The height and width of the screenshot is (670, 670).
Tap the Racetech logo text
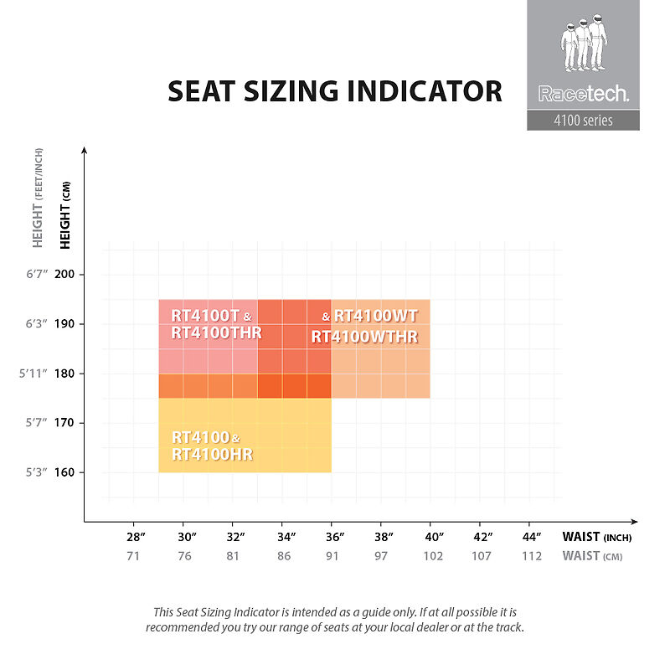pos(583,94)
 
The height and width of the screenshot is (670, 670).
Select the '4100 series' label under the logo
pos(583,121)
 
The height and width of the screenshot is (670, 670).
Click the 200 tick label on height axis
pos(64,274)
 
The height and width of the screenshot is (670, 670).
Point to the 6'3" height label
pos(37,323)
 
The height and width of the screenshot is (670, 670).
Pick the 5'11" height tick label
pos(33,374)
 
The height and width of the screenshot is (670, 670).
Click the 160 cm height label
pos(64,472)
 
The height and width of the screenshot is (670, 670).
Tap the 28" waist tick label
pos(136,537)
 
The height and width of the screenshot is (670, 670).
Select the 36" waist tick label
pos(335,537)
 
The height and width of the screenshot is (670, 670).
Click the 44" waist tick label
pos(532,537)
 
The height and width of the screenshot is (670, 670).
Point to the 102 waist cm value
pos(433,556)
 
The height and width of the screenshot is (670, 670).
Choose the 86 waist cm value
pos(284,556)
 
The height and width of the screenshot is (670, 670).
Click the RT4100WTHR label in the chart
pos(364,337)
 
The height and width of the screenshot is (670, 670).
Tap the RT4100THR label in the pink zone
pos(216,332)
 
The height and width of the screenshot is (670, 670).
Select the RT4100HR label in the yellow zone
pos(213,454)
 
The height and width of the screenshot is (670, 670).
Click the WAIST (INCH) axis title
pos(597,537)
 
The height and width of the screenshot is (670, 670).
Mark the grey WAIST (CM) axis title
pos(592,556)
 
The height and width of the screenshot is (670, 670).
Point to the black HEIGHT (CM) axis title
pos(65,215)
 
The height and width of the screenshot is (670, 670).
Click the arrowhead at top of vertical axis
pos(85,150)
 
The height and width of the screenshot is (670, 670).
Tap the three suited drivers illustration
pos(584,43)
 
